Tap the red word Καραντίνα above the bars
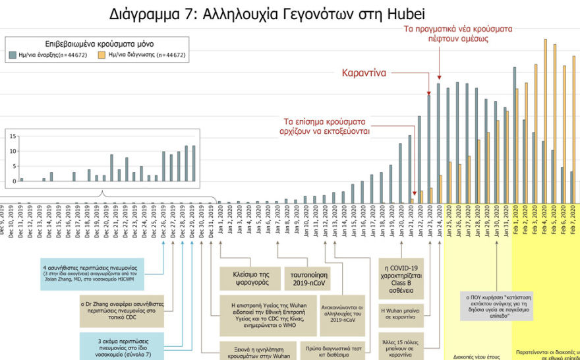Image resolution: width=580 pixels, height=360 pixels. (x=364, y=73)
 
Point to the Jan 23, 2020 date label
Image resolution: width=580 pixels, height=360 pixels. (x=429, y=222)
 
